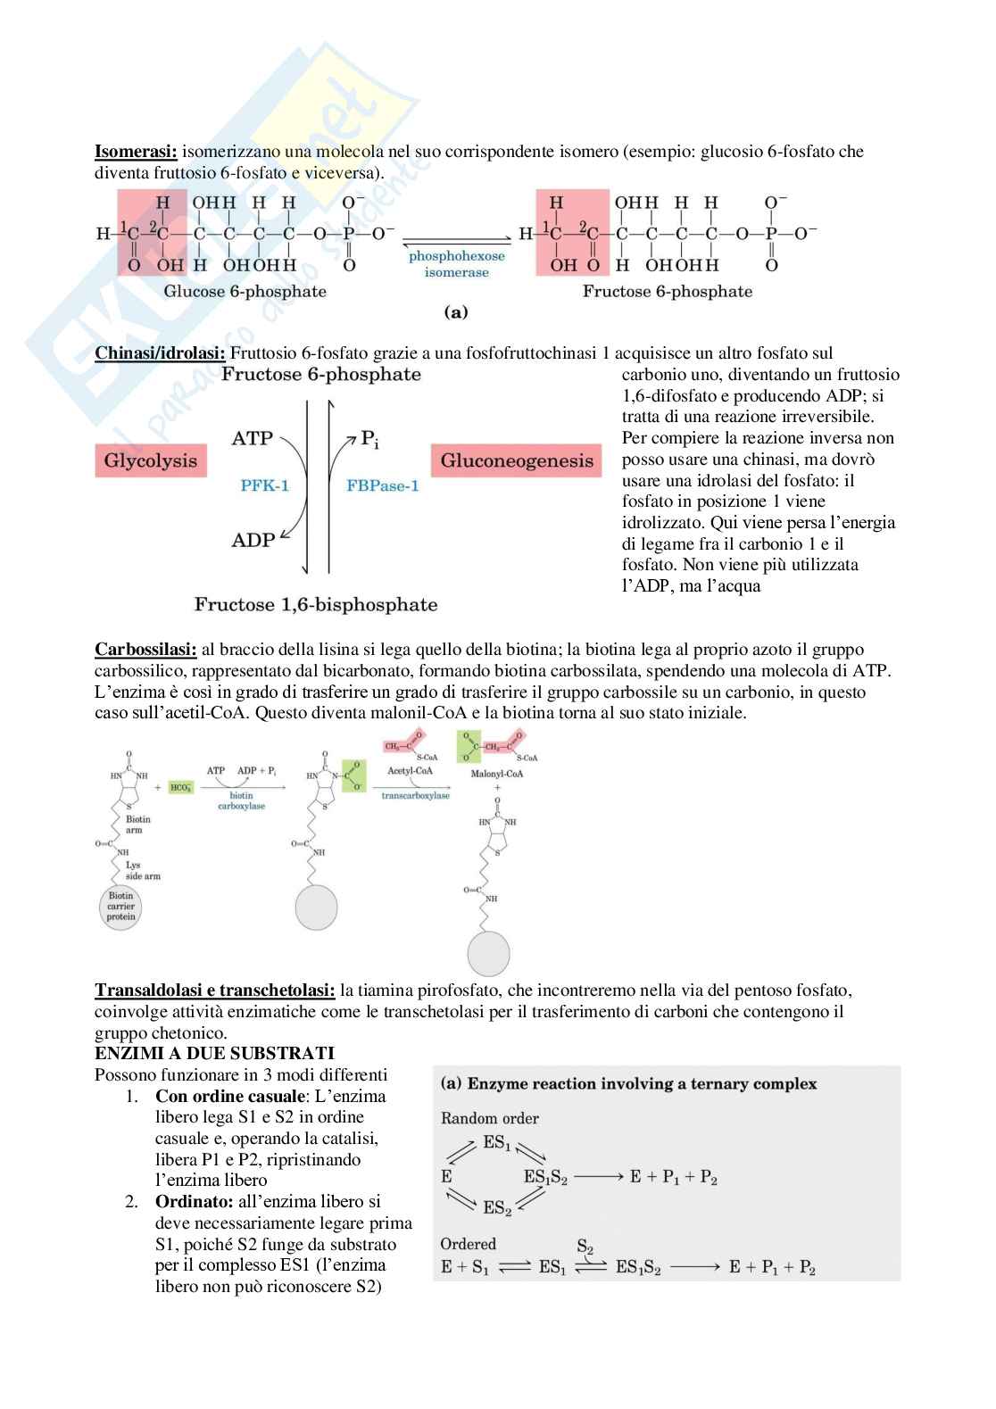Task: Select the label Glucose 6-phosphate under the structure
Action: click(x=245, y=292)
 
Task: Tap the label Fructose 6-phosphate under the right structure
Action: click(x=668, y=292)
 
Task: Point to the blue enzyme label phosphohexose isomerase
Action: click(x=456, y=264)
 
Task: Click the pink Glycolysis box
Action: click(x=150, y=460)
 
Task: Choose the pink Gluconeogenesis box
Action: click(x=517, y=461)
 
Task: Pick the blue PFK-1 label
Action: click(x=265, y=486)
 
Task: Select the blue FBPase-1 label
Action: click(x=382, y=486)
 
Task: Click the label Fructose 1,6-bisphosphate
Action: click(x=316, y=605)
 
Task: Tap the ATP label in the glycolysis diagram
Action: click(x=252, y=439)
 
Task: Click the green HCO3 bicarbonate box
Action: click(x=180, y=788)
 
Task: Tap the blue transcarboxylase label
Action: click(x=416, y=795)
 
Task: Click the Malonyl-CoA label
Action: click(x=497, y=774)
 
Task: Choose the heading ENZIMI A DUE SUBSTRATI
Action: click(x=214, y=1054)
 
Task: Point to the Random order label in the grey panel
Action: click(x=490, y=1118)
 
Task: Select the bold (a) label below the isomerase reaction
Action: click(x=456, y=313)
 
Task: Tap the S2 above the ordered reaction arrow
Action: click(x=585, y=1247)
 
